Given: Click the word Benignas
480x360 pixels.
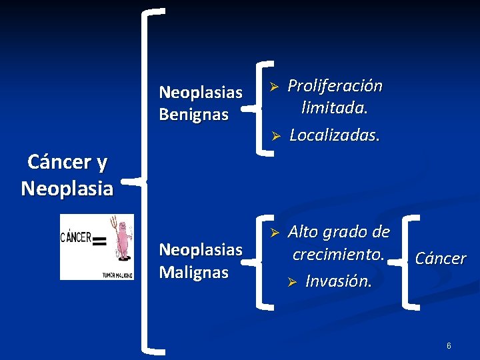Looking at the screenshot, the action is tap(194, 115).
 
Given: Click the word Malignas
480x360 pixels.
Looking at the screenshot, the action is tap(194, 273).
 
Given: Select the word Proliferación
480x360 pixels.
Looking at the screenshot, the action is tap(335, 86).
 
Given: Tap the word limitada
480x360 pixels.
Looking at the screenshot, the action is tap(335, 107).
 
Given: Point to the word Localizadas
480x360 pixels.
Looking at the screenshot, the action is tap(335, 135).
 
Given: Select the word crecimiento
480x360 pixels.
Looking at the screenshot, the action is tap(338, 255).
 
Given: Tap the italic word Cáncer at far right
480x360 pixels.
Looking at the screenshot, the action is tap(441, 259).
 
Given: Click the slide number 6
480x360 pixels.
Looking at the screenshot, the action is tap(449, 346).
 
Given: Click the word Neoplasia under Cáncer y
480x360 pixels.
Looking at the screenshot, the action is tap(67, 189).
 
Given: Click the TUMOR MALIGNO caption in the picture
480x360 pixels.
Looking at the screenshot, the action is tap(117, 274).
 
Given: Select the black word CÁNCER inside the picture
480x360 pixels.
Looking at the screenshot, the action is tap(77, 237).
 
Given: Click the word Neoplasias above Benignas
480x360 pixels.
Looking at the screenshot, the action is tap(200, 91).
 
